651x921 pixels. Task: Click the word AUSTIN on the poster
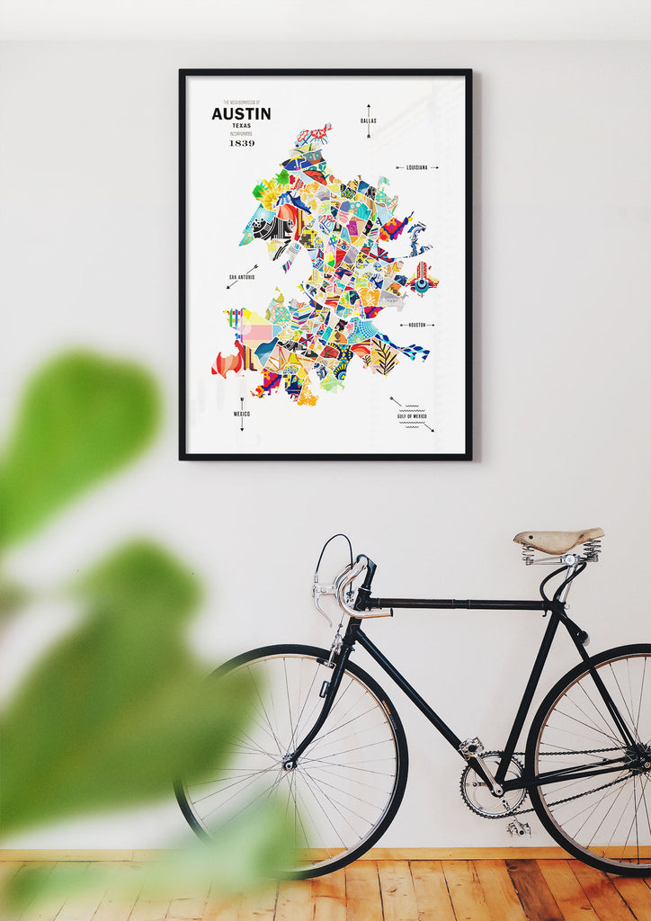(x=241, y=114)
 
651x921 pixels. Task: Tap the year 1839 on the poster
(x=241, y=143)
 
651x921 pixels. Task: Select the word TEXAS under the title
(x=241, y=126)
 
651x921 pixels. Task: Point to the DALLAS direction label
(x=368, y=120)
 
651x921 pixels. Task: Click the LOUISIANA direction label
(x=416, y=167)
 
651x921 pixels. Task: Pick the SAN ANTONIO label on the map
(x=241, y=277)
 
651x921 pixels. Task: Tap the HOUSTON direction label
(x=416, y=325)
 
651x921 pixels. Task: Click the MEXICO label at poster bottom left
(x=241, y=414)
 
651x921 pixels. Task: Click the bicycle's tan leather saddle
(x=557, y=539)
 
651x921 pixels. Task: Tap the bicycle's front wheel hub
(x=290, y=764)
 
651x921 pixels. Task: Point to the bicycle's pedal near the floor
(x=519, y=828)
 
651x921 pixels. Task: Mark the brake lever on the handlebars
(x=323, y=600)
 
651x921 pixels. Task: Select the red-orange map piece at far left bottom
(x=226, y=362)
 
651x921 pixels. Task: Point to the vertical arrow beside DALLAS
(x=368, y=121)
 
